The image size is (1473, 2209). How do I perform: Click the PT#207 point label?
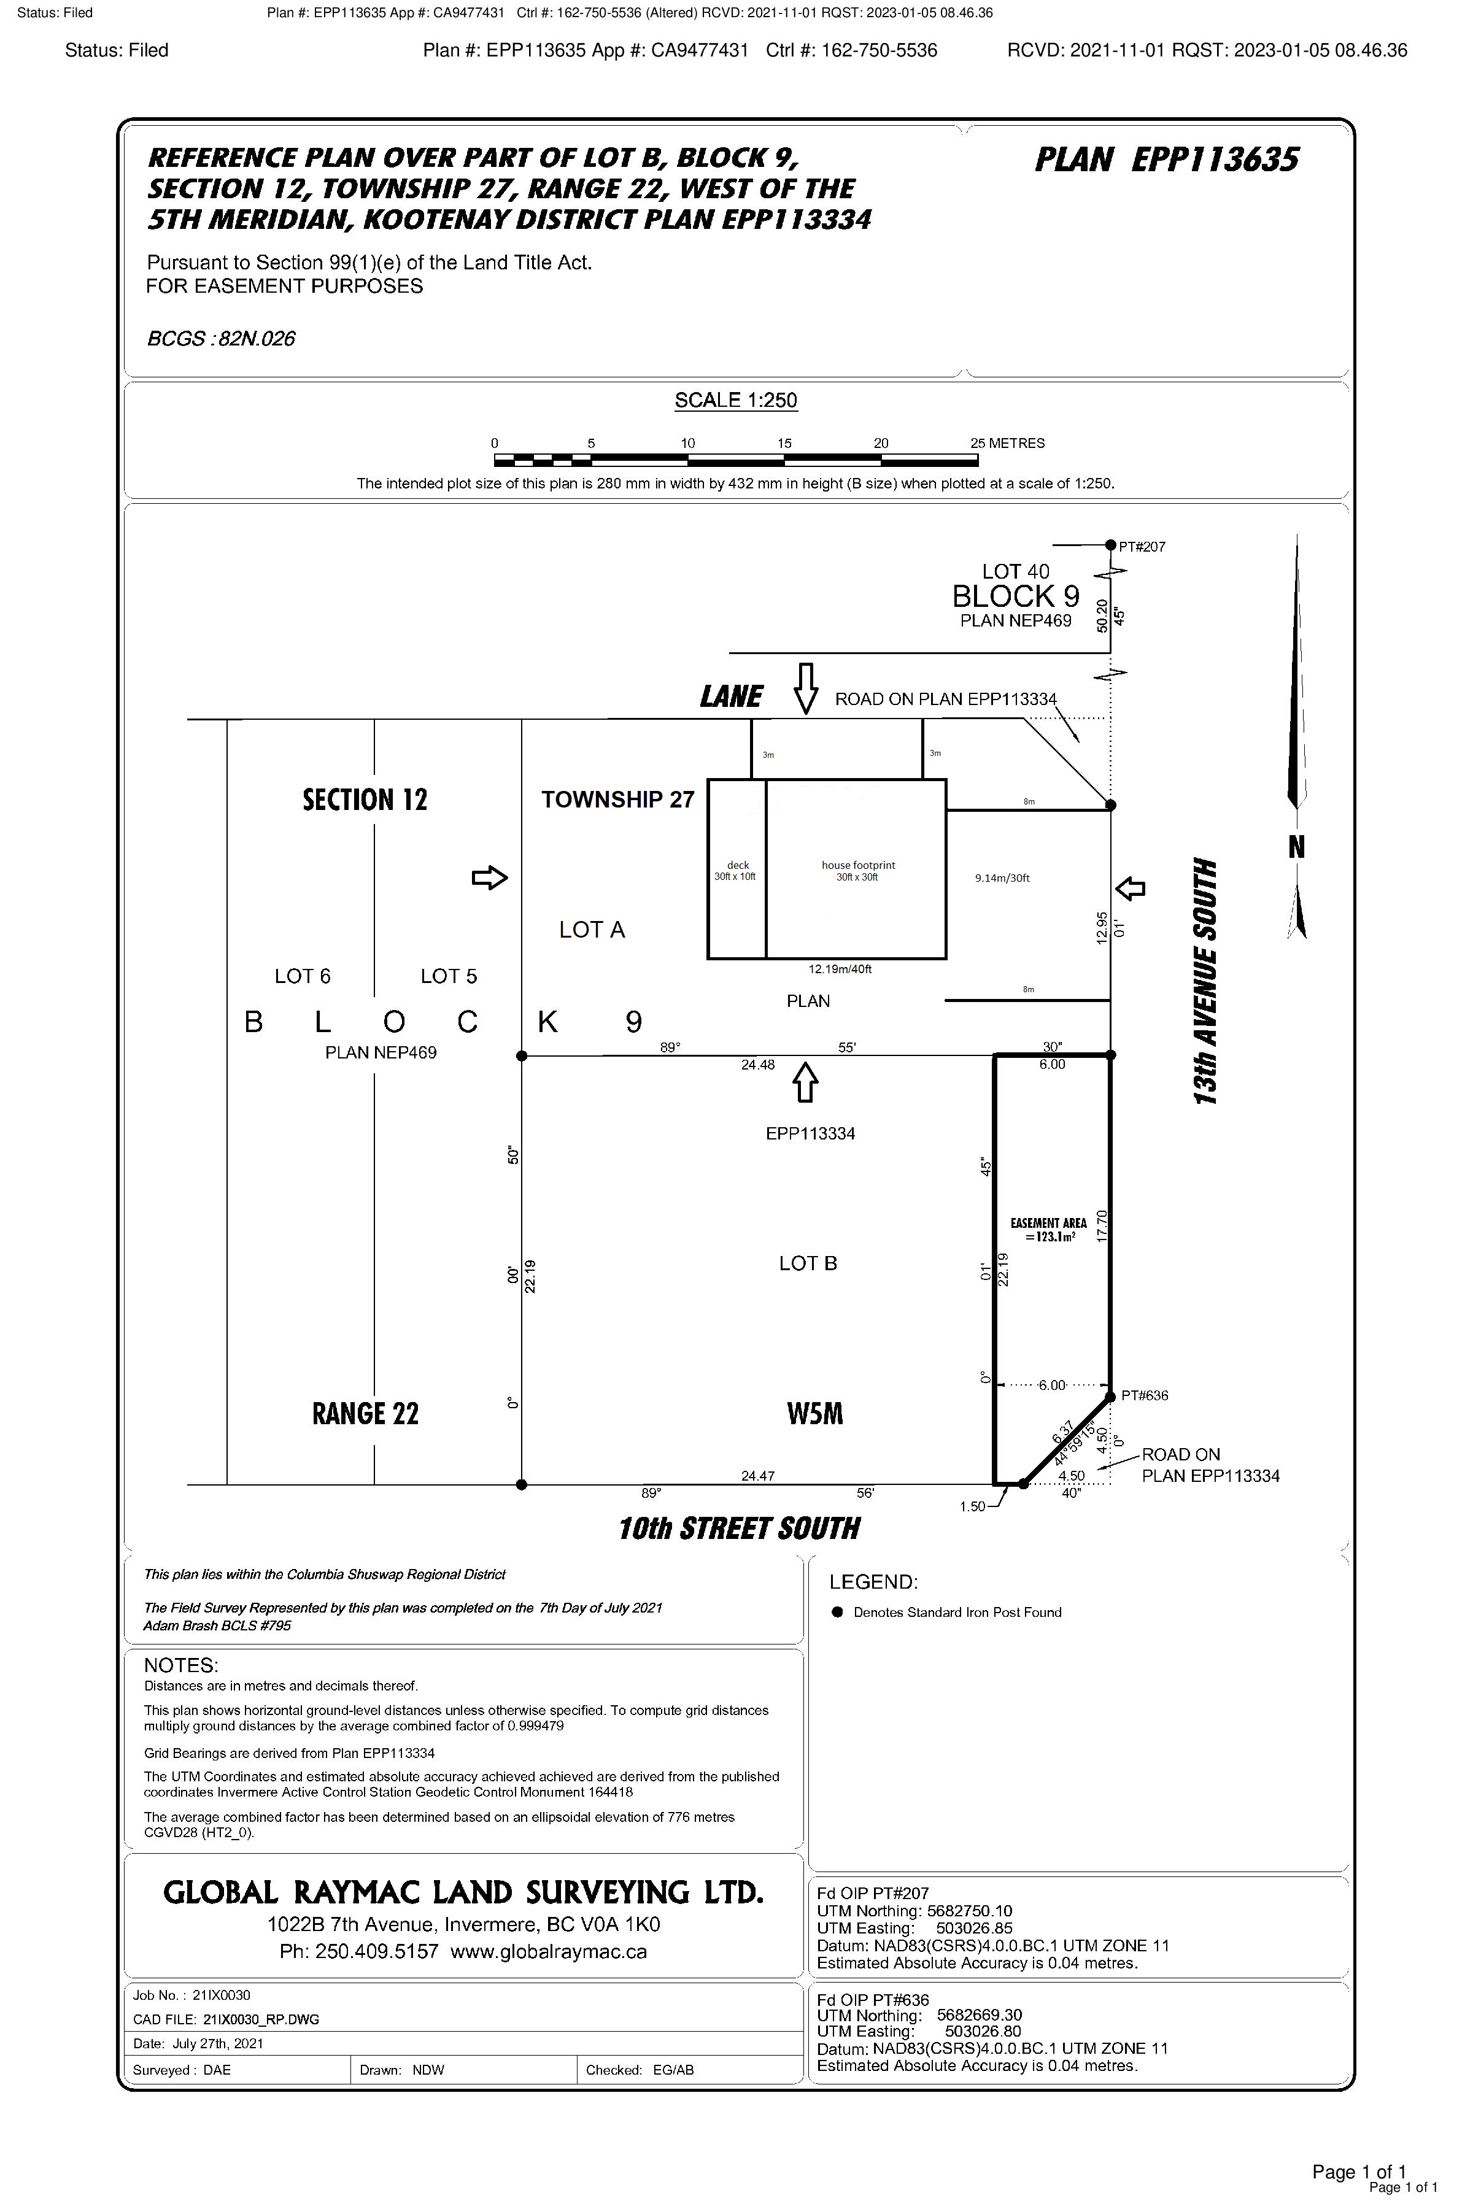pos(1142,547)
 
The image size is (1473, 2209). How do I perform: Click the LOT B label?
pos(808,1263)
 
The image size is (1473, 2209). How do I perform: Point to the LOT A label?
pos(592,930)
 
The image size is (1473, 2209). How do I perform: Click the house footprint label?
pos(857,865)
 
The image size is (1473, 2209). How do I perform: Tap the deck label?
pos(738,865)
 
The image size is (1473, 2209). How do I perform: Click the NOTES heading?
pos(180,1665)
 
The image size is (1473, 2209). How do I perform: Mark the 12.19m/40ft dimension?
pos(840,970)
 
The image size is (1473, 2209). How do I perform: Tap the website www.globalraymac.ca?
pos(549,1952)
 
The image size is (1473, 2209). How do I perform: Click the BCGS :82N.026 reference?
pos(221,339)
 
